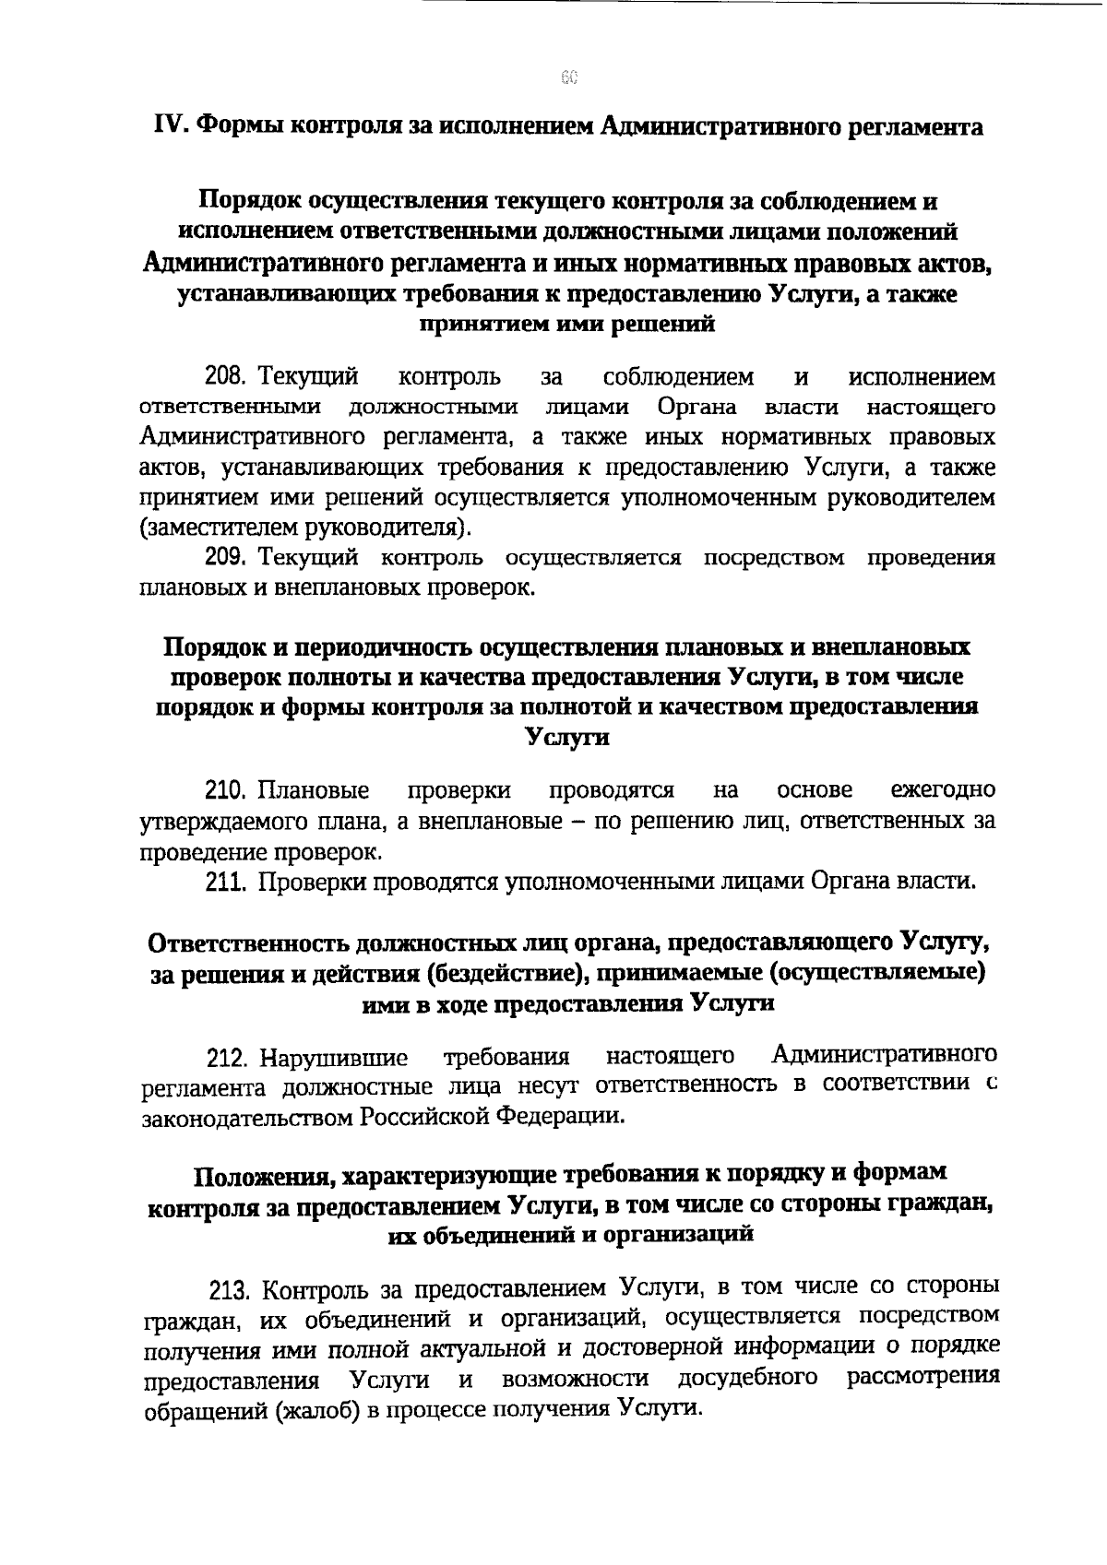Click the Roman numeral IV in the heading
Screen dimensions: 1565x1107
pos(167,126)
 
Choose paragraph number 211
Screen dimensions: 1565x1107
pos(225,882)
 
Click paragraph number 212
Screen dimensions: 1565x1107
pos(226,1058)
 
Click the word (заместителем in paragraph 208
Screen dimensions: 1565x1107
pos(211,528)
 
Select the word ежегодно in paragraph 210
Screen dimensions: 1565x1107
pos(943,790)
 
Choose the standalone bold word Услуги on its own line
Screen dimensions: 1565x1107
pos(566,737)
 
